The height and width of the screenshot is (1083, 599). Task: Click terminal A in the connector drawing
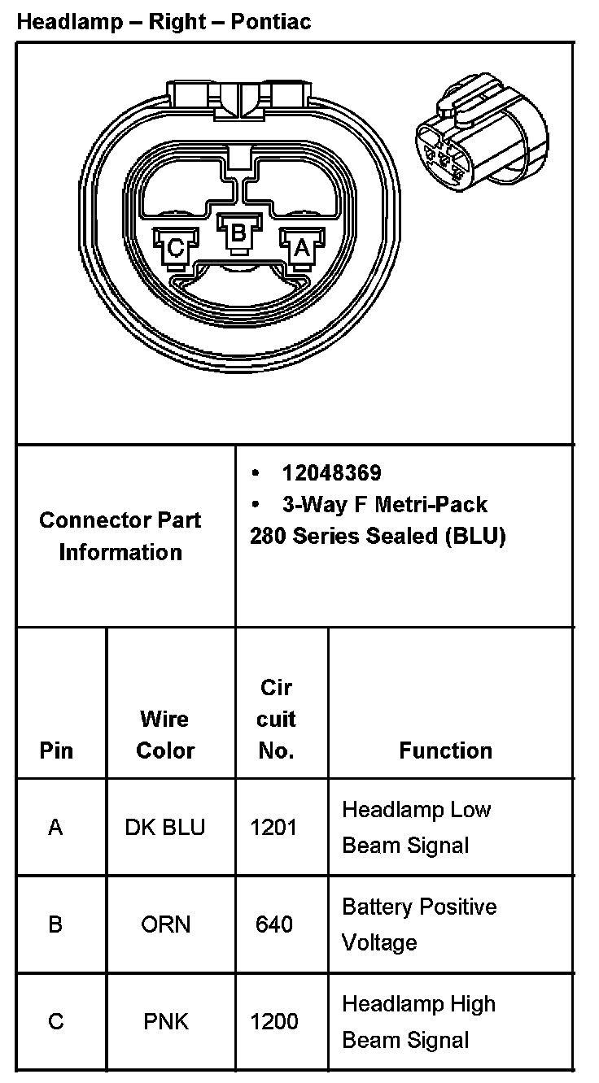300,246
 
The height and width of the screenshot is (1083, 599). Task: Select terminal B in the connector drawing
238,233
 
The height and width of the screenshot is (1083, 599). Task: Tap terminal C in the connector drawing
175,246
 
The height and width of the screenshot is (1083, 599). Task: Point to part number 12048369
331,472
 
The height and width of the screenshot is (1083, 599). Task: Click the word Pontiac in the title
270,22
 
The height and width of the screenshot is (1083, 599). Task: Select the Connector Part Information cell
120,536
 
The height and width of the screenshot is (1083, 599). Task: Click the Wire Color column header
165,734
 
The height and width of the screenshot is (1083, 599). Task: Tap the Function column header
445,750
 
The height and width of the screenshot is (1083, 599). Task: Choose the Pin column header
55,750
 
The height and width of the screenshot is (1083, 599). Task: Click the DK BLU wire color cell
165,827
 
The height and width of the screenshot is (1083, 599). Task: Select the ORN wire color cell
165,924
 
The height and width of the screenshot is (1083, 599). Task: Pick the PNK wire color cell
165,1021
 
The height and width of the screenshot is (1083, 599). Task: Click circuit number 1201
274,827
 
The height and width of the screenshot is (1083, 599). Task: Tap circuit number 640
274,924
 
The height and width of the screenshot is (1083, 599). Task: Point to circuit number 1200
274,1021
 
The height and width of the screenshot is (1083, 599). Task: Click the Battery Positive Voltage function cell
419,924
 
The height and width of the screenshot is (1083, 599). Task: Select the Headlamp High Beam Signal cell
418,1021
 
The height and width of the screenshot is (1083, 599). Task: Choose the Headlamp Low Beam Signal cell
416,827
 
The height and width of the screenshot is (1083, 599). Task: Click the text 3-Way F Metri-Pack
384,504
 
